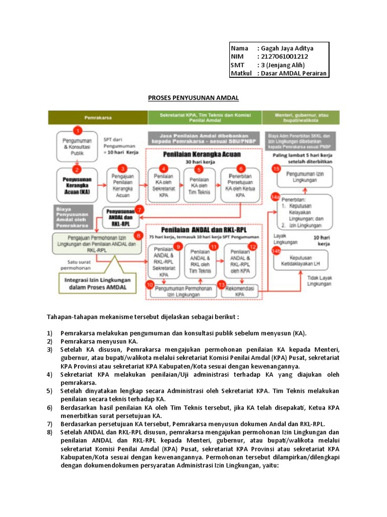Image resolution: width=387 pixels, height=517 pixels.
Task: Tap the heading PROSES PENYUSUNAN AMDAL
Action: pyautogui.click(x=193, y=97)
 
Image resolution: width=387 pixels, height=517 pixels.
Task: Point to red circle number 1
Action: pyautogui.click(x=77, y=131)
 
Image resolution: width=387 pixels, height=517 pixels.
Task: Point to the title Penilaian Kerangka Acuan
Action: pyautogui.click(x=204, y=154)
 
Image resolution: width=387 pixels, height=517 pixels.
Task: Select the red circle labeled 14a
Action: pyautogui.click(x=276, y=198)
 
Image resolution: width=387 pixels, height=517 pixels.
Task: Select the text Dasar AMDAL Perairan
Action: pyautogui.click(x=292, y=73)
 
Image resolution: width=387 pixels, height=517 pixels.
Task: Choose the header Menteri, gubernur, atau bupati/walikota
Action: pyautogui.click(x=301, y=117)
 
